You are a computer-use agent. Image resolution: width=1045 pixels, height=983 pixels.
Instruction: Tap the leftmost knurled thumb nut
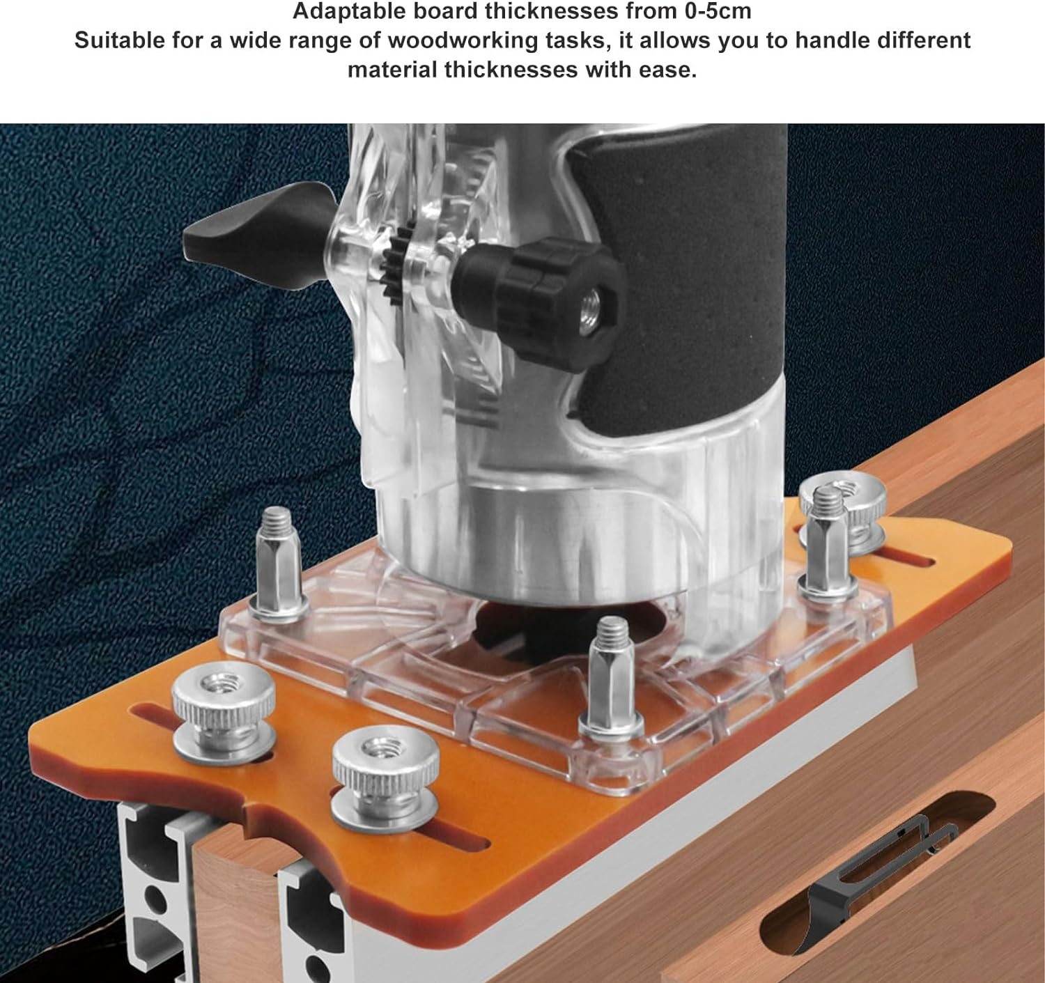coord(223,707)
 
